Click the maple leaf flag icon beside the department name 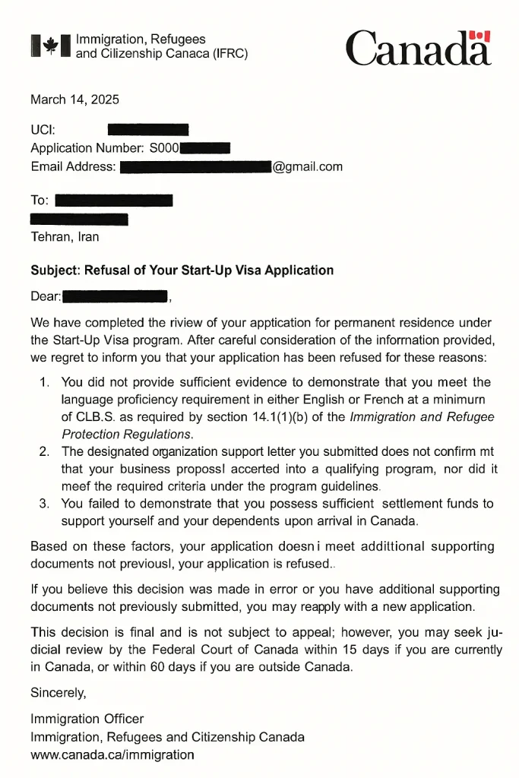[50, 46]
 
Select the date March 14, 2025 [74, 100]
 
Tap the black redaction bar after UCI [148, 130]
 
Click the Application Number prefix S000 [163, 148]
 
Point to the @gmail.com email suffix [308, 166]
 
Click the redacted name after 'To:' [114, 201]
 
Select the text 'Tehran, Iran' [65, 236]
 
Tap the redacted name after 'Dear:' [115, 296]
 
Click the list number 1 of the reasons [44, 382]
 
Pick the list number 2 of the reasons [44, 452]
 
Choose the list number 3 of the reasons [44, 504]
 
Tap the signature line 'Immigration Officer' [87, 719]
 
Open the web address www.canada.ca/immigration [112, 754]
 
